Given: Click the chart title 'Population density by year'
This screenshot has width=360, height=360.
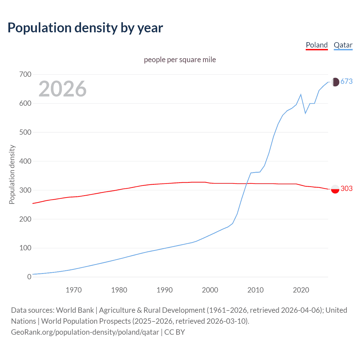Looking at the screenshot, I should point(85,28).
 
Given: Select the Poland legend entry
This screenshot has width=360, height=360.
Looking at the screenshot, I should point(317,45).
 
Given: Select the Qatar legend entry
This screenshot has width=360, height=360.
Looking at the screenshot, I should point(343,45).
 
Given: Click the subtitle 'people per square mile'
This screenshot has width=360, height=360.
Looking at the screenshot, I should point(180,60).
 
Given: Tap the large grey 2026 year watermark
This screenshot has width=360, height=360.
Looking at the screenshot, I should point(62,89).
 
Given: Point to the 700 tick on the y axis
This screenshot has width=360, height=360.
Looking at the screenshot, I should point(25,75).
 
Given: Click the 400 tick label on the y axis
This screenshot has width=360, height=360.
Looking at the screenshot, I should point(25,161).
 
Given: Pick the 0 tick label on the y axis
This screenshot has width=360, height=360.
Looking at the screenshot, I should point(29,277).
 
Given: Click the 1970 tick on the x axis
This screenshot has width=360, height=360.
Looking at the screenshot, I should point(74,290).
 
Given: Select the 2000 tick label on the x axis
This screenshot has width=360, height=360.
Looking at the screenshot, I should point(210,290).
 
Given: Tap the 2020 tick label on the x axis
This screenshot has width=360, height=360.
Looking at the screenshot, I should point(301,290).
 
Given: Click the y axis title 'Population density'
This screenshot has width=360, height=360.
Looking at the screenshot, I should point(12,174).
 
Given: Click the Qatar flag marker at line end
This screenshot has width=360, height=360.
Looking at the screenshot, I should point(335,82).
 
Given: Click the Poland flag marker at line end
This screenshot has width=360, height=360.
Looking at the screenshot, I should point(335,189).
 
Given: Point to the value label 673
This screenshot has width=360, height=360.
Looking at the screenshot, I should point(346,82).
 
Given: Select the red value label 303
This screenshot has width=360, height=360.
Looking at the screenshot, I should point(346,189).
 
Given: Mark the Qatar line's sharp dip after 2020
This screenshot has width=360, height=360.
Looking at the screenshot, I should point(305,113).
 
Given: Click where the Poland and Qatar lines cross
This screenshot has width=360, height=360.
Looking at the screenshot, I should point(247,184).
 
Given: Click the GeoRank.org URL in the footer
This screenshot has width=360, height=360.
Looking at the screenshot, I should point(85,332).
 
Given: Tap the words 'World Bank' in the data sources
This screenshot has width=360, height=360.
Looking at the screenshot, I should point(75,310).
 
